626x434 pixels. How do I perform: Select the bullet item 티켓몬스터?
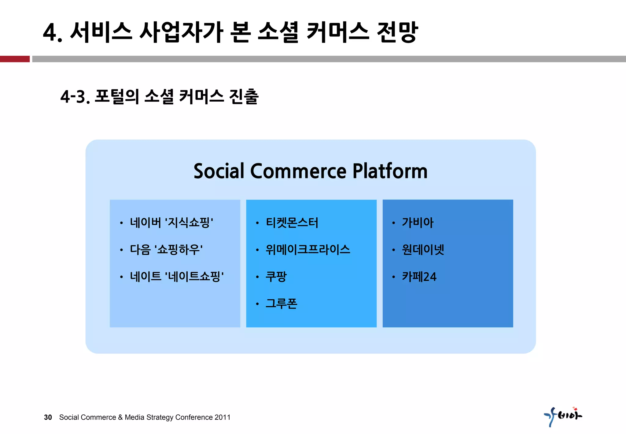pos(292,223)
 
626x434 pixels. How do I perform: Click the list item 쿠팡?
pos(276,277)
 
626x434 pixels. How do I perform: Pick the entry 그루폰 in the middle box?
pos(281,304)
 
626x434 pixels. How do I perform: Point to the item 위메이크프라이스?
pos(308,250)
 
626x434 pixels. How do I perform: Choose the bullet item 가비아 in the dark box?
pos(418,223)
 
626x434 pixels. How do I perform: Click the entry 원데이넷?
pos(423,250)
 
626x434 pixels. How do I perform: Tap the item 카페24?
pos(419,277)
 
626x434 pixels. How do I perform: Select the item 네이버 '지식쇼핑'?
pos(171,223)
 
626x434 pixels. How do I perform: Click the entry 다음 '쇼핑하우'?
pos(166,250)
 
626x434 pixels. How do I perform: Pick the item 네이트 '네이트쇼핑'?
pos(177,277)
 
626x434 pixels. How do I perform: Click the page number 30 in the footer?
pos(48,417)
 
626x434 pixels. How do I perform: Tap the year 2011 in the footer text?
pos(222,417)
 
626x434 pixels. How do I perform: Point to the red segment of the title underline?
pos(15,59)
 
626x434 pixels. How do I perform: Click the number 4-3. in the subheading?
pos(75,97)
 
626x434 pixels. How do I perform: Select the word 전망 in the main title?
pos(397,32)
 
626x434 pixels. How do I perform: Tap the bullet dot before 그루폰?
pos(257,304)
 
